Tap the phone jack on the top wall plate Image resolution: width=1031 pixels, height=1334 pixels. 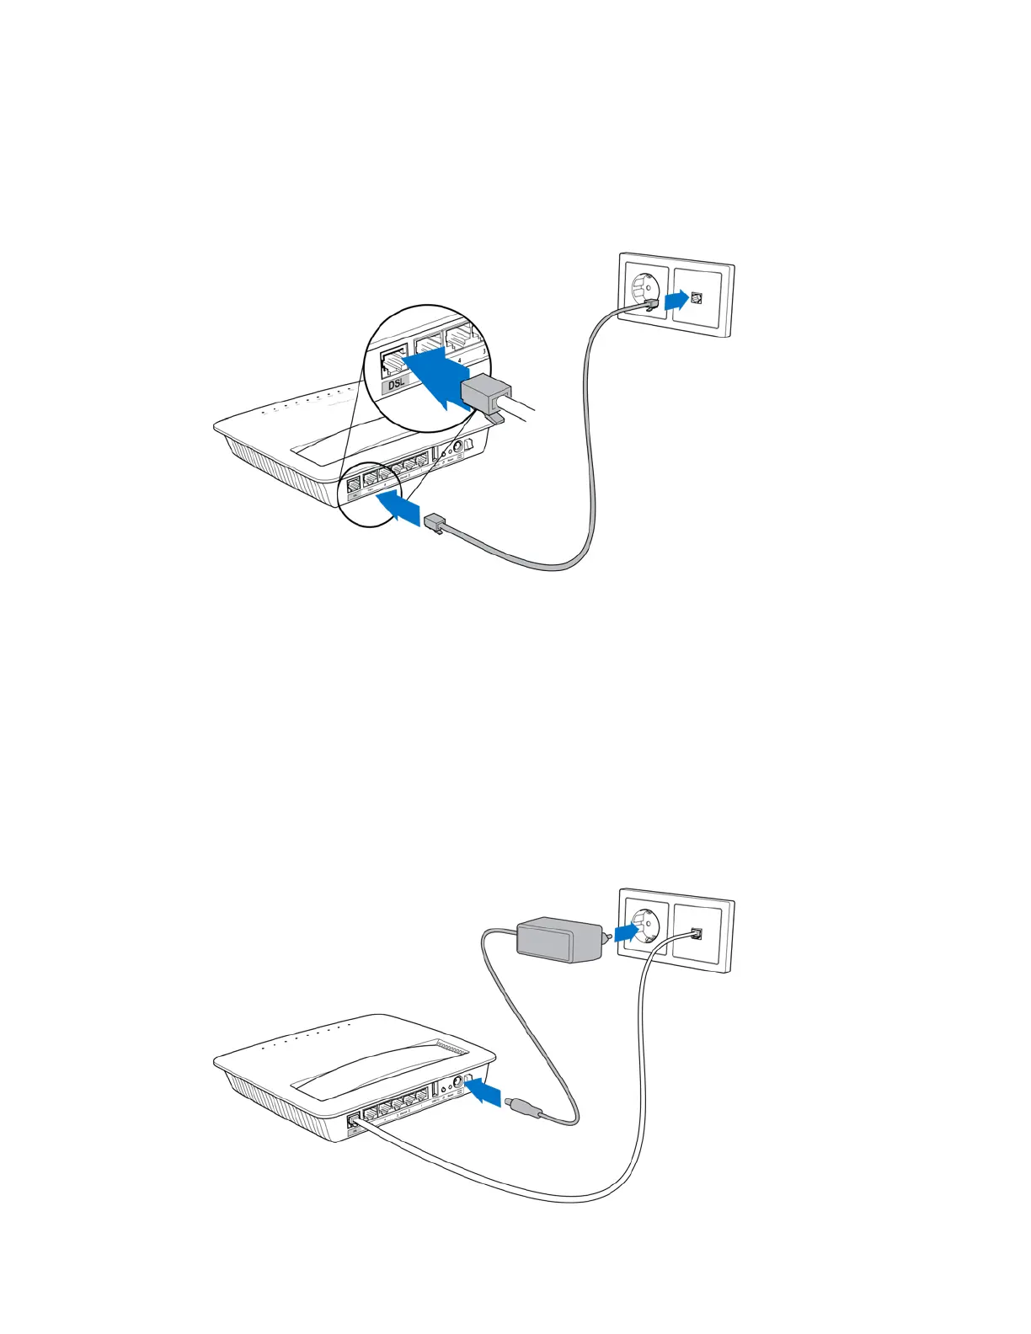coord(697,297)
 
